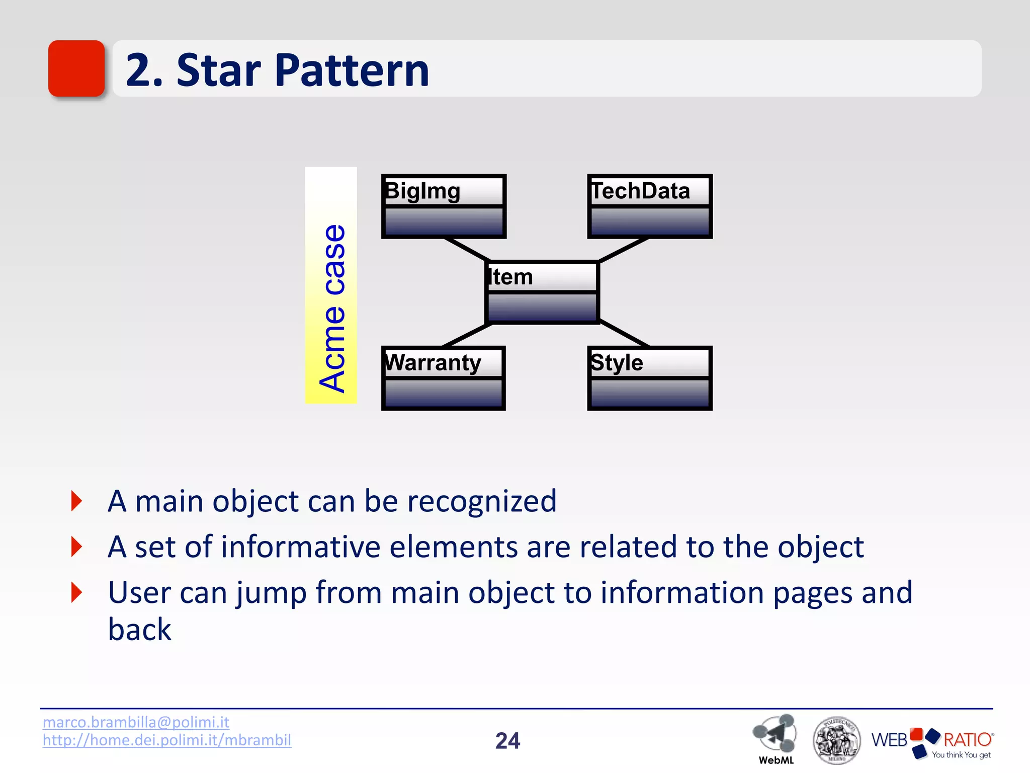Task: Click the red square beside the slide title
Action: coord(76,68)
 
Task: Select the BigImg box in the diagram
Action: coord(444,206)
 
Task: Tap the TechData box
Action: coord(650,206)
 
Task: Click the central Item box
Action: coord(542,292)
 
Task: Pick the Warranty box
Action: coord(443,378)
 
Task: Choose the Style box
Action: coord(650,378)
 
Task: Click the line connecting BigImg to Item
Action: coord(468,250)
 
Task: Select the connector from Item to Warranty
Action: coord(467,335)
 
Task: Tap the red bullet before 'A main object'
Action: coord(76,501)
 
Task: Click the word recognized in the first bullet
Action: coord(481,501)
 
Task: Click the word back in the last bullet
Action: coord(139,630)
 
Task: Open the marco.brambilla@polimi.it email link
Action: coord(136,722)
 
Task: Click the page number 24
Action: coord(507,741)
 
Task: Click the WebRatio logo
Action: coord(932,742)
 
